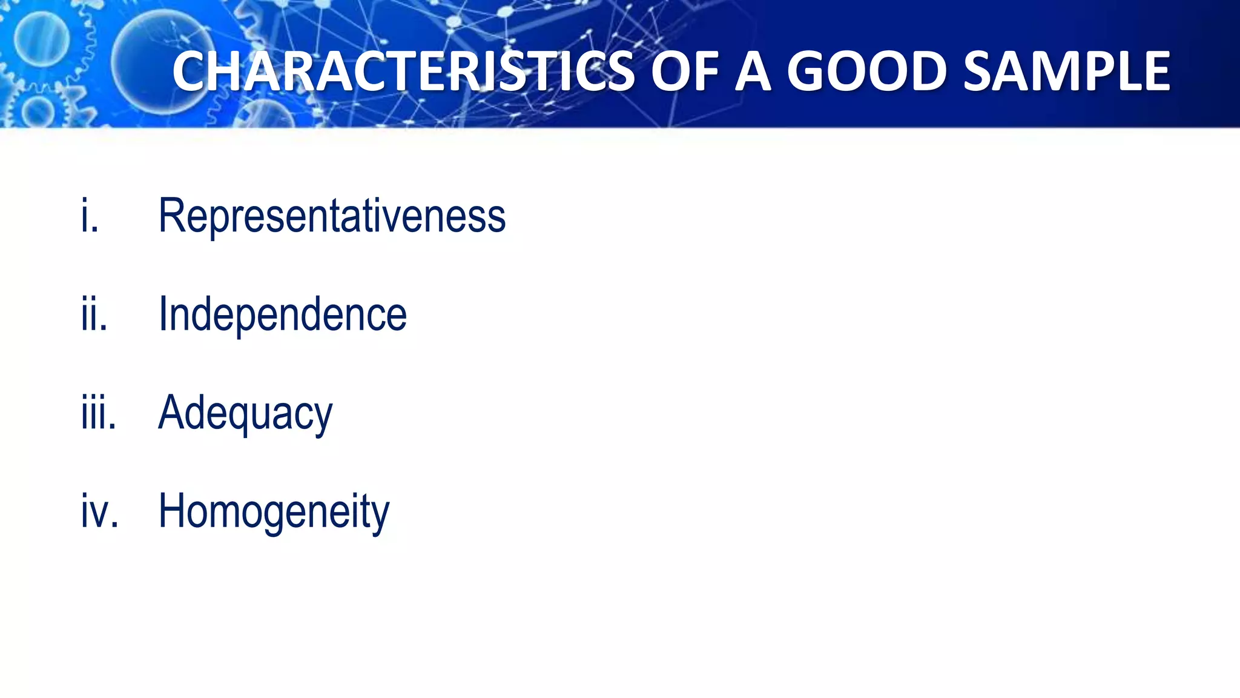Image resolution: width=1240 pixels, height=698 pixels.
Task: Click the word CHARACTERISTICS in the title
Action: click(403, 71)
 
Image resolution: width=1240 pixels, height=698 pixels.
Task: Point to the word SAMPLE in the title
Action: click(1066, 71)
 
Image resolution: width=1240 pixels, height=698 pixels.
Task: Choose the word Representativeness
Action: click(332, 216)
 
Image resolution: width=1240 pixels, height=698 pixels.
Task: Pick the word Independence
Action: click(282, 314)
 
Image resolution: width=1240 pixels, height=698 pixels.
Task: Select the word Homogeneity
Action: click(274, 512)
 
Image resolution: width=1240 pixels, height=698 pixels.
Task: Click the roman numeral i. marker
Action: click(90, 216)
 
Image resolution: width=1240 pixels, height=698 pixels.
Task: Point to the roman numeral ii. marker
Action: click(94, 314)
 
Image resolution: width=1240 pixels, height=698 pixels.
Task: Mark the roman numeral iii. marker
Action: click(99, 413)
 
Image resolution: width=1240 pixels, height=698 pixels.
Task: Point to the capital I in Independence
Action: click(162, 314)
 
